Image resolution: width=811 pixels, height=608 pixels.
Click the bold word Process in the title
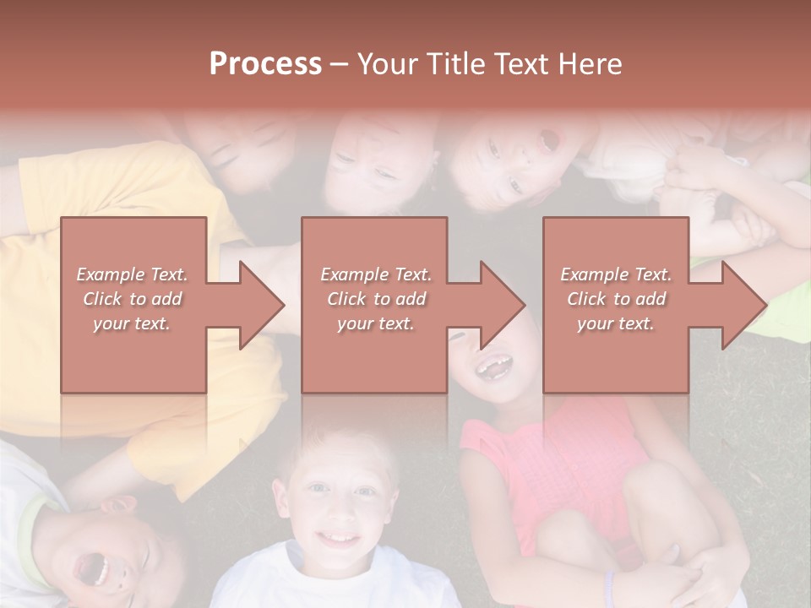(265, 64)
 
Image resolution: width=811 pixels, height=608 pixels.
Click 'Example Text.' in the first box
(133, 274)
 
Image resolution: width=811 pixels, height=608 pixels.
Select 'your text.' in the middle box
(376, 323)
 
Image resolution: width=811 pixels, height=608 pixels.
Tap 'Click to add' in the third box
(616, 299)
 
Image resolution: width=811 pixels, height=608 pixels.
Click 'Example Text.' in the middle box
(376, 274)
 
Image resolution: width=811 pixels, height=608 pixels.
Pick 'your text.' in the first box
(133, 323)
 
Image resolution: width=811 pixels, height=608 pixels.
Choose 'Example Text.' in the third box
(616, 274)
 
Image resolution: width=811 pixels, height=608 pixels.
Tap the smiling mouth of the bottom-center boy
(339, 537)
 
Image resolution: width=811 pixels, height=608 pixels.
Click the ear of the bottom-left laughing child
(117, 505)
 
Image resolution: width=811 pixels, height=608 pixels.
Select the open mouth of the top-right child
(548, 140)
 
